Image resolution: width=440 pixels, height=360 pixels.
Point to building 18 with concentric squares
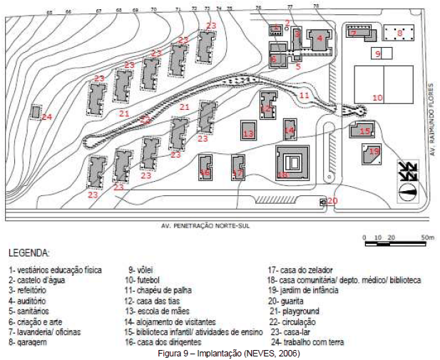[x=290, y=163]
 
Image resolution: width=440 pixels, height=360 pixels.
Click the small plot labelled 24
[x=36, y=112]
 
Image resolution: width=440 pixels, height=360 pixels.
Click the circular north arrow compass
[x=408, y=190]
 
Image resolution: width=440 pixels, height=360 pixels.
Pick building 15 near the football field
[x=362, y=130]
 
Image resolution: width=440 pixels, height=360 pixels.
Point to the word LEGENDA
[x=29, y=253]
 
